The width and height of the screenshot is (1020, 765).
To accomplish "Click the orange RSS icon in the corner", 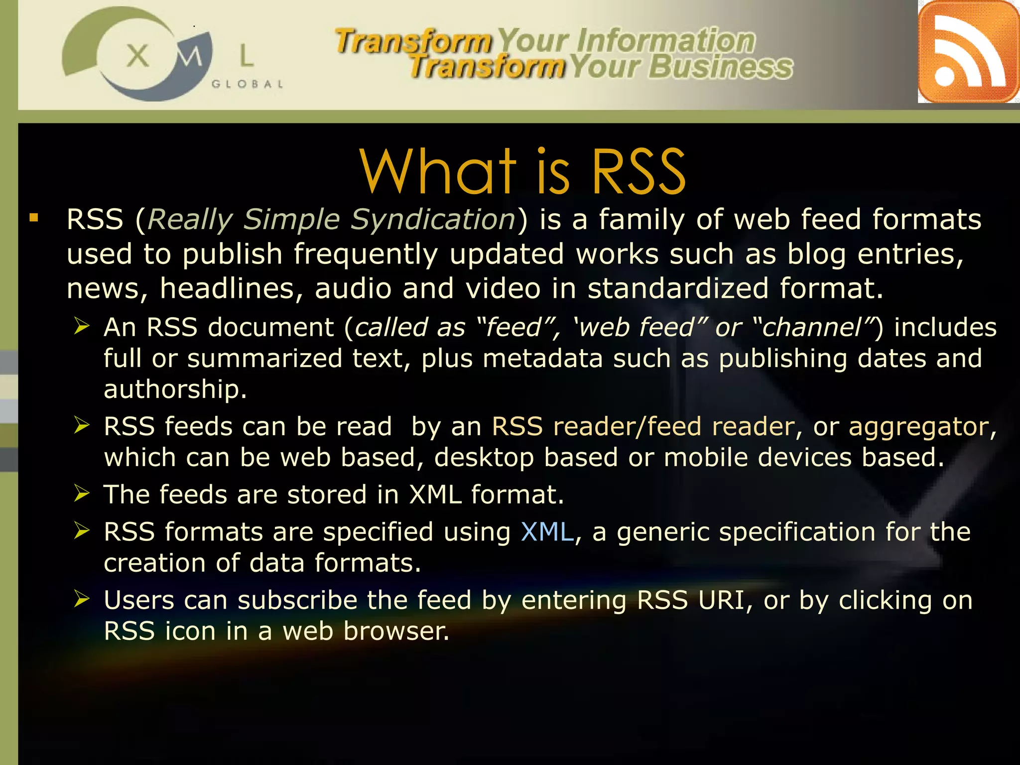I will tap(968, 52).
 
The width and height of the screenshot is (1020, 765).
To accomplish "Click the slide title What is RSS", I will tap(522, 172).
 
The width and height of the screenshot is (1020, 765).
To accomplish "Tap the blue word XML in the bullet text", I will tap(547, 532).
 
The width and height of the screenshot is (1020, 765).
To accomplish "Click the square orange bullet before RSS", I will tap(34, 218).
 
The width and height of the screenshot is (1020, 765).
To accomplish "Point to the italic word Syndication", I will tap(433, 219).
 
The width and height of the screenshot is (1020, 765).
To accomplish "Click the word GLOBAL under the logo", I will tap(248, 84).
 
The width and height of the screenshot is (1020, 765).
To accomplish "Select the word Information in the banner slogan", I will tap(666, 40).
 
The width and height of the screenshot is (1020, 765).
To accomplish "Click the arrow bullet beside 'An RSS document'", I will tap(82, 326).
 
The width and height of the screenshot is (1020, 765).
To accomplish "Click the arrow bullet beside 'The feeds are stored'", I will tap(82, 493).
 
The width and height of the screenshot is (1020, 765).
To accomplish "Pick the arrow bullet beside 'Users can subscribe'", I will tap(82, 599).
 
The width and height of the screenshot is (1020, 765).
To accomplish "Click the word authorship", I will tap(175, 389).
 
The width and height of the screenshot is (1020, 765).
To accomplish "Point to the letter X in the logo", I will tap(138, 55).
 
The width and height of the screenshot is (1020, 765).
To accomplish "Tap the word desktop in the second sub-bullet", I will tap(483, 458).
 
